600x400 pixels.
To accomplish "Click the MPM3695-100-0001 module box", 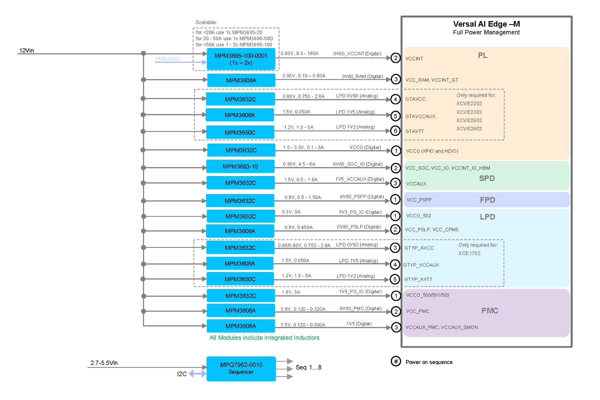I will (241, 59).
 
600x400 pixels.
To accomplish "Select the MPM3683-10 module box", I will (240, 166).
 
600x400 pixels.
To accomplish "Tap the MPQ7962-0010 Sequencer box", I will (241, 368).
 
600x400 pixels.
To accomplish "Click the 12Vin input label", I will (27, 51).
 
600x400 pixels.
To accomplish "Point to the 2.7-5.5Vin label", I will (104, 363).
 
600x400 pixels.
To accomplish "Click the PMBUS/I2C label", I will (168, 59).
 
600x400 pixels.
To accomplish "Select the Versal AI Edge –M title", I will (486, 24).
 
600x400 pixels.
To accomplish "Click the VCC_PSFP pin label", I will (419, 200).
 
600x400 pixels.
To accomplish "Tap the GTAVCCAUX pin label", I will (420, 116).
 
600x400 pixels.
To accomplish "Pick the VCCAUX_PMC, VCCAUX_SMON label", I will (442, 327).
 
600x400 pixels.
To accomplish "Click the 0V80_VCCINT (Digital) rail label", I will (357, 54).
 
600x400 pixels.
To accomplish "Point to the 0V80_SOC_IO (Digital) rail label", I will (358, 164).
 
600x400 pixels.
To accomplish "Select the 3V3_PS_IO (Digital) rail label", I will (360, 212).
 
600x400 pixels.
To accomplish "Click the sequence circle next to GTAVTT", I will (395, 131).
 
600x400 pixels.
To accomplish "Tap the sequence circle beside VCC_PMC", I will (396, 311).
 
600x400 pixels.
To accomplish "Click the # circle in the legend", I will (396, 361).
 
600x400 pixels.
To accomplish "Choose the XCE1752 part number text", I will (469, 253).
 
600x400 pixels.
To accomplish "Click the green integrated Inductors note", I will (264, 338).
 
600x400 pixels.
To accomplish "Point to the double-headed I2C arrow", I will (197, 374).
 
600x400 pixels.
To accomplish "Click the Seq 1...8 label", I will (308, 367).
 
